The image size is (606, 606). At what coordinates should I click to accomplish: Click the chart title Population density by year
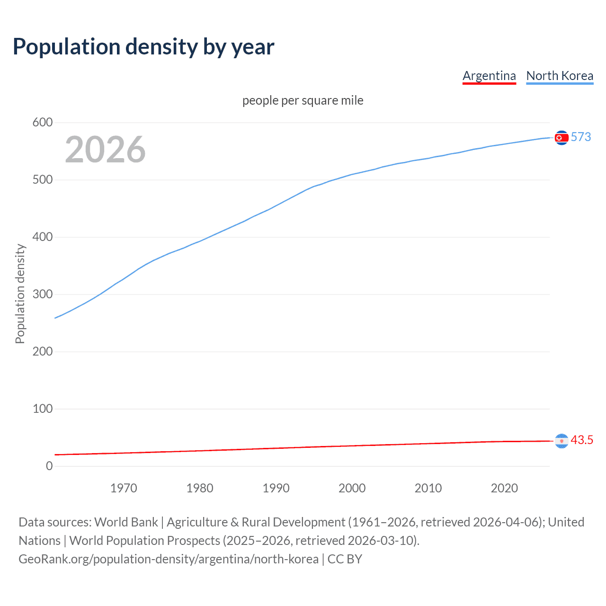[143, 47]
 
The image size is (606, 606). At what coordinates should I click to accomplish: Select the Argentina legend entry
[489, 76]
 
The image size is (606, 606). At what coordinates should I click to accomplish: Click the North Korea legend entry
[560, 76]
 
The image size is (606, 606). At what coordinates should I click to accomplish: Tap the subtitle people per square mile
[303, 100]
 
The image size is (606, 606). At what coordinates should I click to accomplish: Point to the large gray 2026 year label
[105, 150]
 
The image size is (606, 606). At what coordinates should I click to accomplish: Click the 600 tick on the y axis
[43, 123]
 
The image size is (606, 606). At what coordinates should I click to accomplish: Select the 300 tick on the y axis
[43, 294]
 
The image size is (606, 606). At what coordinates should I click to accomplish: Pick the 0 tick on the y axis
[49, 466]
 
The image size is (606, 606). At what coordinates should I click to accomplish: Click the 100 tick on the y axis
[43, 409]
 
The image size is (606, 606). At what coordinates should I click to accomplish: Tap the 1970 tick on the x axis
[124, 488]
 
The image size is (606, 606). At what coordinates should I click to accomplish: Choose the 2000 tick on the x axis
[352, 488]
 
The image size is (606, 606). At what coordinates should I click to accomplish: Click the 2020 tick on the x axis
[504, 488]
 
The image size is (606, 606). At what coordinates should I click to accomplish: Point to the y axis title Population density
[20, 294]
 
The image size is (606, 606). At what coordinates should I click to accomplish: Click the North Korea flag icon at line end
[561, 137]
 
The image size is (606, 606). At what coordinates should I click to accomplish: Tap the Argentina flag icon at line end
[561, 441]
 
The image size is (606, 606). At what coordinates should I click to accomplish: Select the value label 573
[581, 137]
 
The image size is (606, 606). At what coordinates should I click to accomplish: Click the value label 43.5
[582, 440]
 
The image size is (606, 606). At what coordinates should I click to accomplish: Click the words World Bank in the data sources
[126, 522]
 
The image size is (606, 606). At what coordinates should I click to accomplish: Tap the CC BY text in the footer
[345, 559]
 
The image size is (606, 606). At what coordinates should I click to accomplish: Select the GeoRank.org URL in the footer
[169, 559]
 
